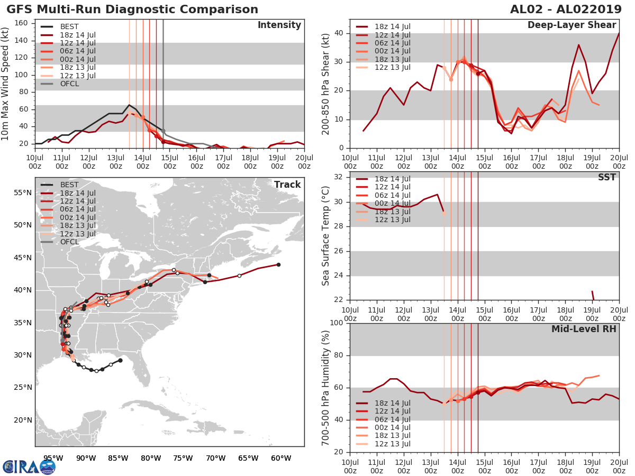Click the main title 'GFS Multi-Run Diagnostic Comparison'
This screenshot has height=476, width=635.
(132, 10)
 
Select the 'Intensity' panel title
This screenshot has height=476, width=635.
(279, 25)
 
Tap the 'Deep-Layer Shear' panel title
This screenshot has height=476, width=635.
(571, 25)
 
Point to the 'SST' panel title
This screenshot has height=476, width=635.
(607, 178)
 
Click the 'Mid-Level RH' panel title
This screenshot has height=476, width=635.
(583, 329)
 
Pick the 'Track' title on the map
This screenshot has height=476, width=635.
(287, 185)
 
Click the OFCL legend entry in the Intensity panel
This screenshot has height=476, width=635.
(70, 84)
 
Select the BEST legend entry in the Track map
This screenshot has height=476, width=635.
(70, 185)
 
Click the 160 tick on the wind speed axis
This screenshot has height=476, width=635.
(22, 23)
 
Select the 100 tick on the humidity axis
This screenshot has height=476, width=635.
(335, 323)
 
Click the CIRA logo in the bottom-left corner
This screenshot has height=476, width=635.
(29, 466)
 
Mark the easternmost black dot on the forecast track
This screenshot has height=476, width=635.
(278, 264)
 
